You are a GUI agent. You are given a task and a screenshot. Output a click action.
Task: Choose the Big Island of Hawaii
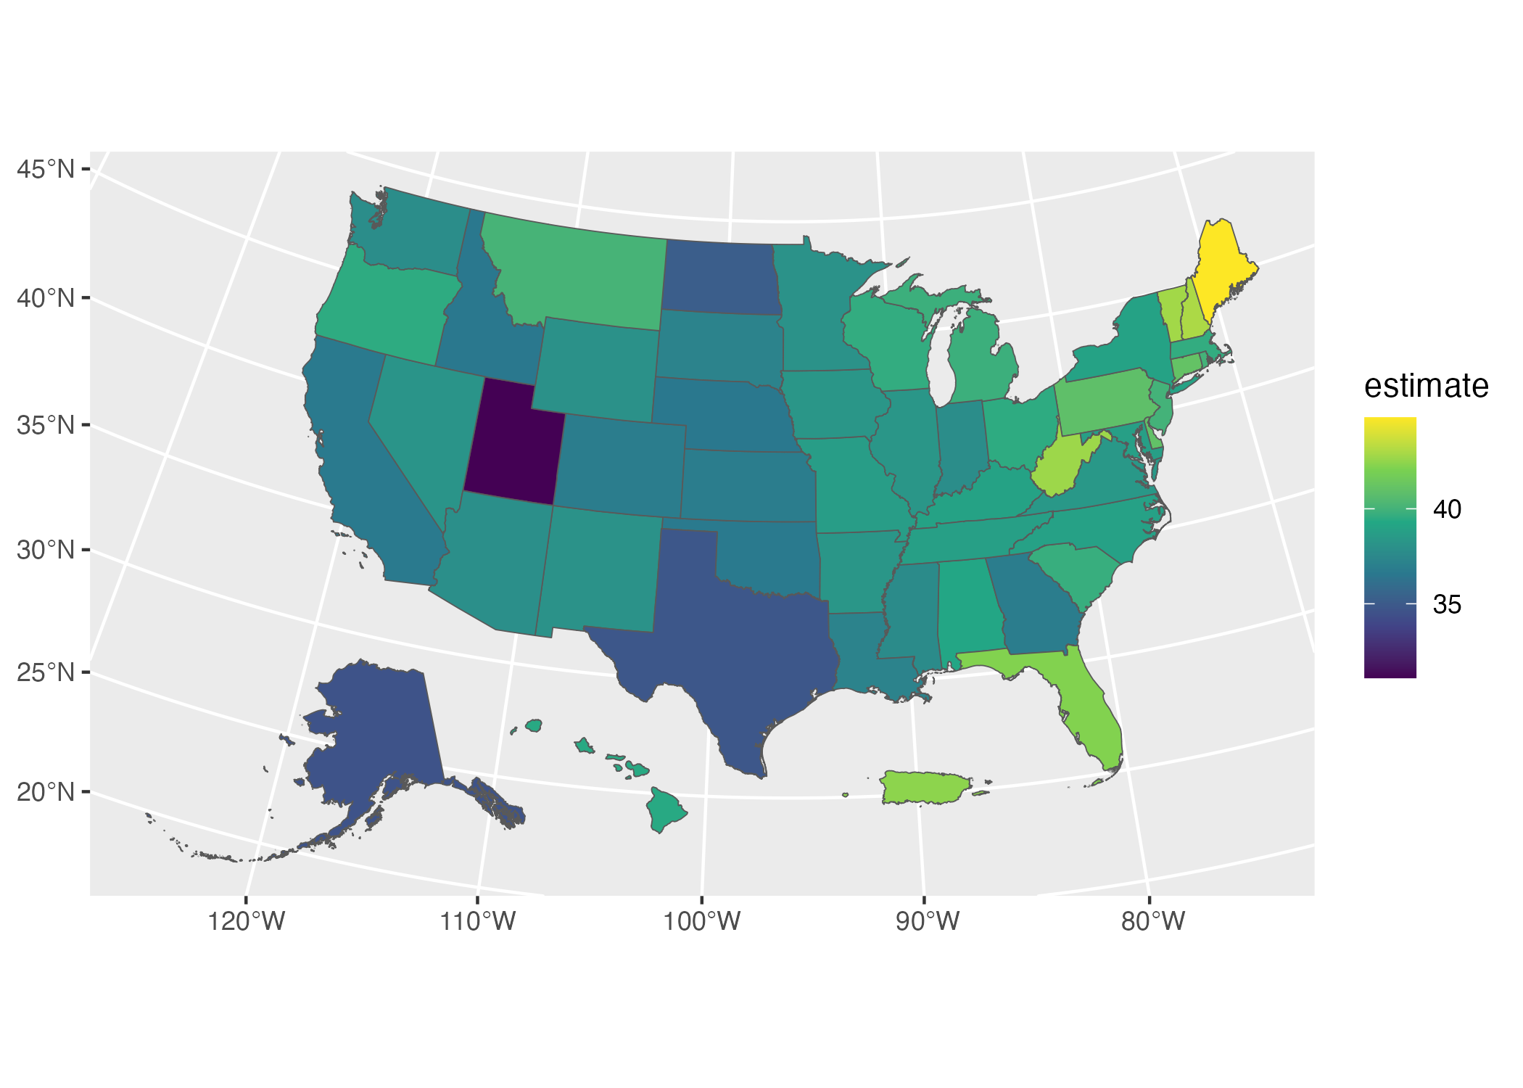(x=665, y=808)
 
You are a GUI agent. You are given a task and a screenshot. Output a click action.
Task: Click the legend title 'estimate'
(x=1426, y=386)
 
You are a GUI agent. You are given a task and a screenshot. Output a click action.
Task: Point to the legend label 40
(x=1447, y=509)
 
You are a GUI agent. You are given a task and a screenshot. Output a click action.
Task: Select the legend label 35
(x=1447, y=604)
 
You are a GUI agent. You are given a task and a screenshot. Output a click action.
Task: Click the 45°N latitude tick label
(x=46, y=169)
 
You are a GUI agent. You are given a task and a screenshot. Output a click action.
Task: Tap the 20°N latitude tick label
(x=46, y=791)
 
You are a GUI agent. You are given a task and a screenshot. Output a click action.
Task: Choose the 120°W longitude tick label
(x=247, y=922)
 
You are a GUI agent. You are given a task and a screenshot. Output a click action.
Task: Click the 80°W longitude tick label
(x=1152, y=922)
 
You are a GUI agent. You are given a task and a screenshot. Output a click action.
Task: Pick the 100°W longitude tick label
(x=702, y=922)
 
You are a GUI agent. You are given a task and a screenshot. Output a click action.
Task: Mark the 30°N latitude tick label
(x=46, y=550)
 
